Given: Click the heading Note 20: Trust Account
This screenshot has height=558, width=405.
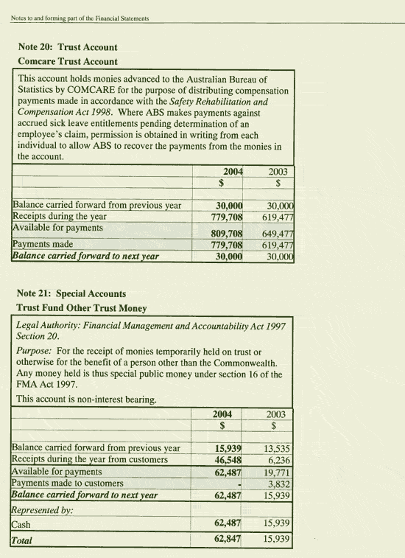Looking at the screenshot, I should [x=67, y=47].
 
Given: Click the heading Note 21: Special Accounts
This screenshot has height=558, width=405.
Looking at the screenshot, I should [x=71, y=293].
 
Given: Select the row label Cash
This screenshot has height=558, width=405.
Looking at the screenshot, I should [x=21, y=524].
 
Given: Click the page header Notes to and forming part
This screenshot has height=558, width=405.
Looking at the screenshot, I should [x=80, y=18].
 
